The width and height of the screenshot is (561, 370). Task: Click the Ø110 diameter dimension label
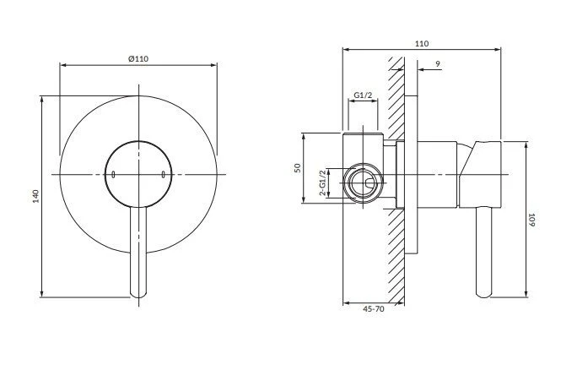138,59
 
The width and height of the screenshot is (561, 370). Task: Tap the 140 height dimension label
35,196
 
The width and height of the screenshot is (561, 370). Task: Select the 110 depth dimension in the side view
422,44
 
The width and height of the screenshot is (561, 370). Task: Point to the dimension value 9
438,64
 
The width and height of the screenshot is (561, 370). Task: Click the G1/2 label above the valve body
363,95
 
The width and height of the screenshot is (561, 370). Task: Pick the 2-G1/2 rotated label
323,183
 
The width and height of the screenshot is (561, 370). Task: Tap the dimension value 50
298,168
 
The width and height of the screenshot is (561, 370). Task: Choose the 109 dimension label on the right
531,220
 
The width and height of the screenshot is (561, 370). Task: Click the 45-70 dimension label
374,308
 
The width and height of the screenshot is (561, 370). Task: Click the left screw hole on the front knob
113,175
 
